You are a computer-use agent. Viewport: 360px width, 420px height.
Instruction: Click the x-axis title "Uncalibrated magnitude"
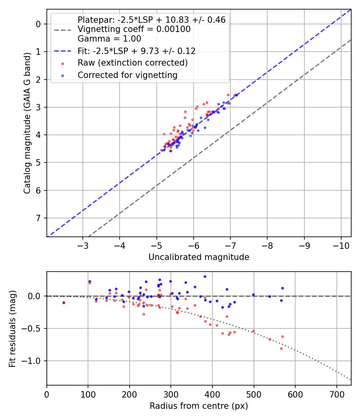(x=199, y=257)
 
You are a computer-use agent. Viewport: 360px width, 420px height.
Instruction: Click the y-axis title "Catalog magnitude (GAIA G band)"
(x=27, y=123)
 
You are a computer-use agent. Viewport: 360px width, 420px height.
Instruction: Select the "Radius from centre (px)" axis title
(x=199, y=406)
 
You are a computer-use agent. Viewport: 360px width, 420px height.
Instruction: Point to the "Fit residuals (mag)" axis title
(x=13, y=329)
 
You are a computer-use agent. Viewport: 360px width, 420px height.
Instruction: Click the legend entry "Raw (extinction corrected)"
(x=132, y=63)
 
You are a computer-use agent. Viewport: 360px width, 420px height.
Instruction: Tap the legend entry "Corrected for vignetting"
(x=127, y=75)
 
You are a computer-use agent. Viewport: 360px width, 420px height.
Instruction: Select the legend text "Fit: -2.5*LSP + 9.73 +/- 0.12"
(x=136, y=51)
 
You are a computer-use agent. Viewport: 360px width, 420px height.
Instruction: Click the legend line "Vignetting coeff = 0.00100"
(x=134, y=29)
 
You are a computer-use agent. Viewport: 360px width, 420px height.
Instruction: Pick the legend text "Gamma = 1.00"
(x=109, y=39)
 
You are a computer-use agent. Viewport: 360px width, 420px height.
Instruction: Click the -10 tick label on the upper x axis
(x=341, y=244)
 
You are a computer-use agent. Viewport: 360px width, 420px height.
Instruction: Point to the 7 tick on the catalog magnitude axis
(x=38, y=218)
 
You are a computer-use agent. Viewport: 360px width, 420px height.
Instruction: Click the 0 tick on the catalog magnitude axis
(x=38, y=24)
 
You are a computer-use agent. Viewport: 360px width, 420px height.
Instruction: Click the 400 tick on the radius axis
(x=212, y=393)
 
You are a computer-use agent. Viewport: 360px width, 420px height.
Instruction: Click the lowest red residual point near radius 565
(x=281, y=348)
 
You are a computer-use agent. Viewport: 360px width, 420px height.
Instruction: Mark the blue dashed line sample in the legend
(x=62, y=51)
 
